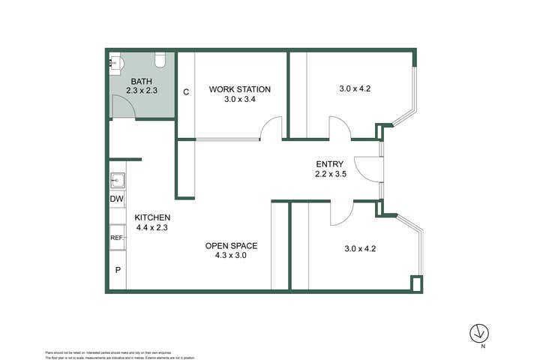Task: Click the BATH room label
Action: pyautogui.click(x=142, y=81)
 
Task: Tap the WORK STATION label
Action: pyautogui.click(x=239, y=89)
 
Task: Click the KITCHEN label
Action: pyautogui.click(x=154, y=217)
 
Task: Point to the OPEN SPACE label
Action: pyautogui.click(x=232, y=245)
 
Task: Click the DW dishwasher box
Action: pyautogui.click(x=117, y=199)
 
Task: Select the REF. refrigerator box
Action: pyautogui.click(x=117, y=238)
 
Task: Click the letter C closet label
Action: pyautogui.click(x=185, y=92)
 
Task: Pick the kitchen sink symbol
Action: pyautogui.click(x=118, y=180)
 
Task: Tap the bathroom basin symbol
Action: pyautogui.click(x=115, y=62)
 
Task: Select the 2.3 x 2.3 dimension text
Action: pyautogui.click(x=142, y=91)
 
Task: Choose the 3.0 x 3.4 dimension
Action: pyautogui.click(x=239, y=99)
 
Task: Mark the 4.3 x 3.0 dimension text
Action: pyautogui.click(x=232, y=255)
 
